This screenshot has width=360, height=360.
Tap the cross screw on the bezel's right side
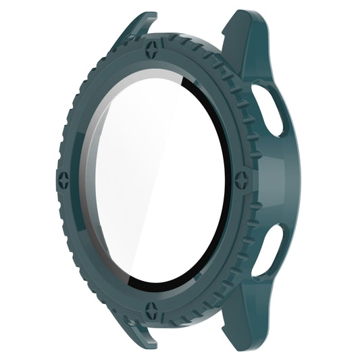pos(241,181)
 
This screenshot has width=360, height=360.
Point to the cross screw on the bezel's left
pos(64,180)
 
